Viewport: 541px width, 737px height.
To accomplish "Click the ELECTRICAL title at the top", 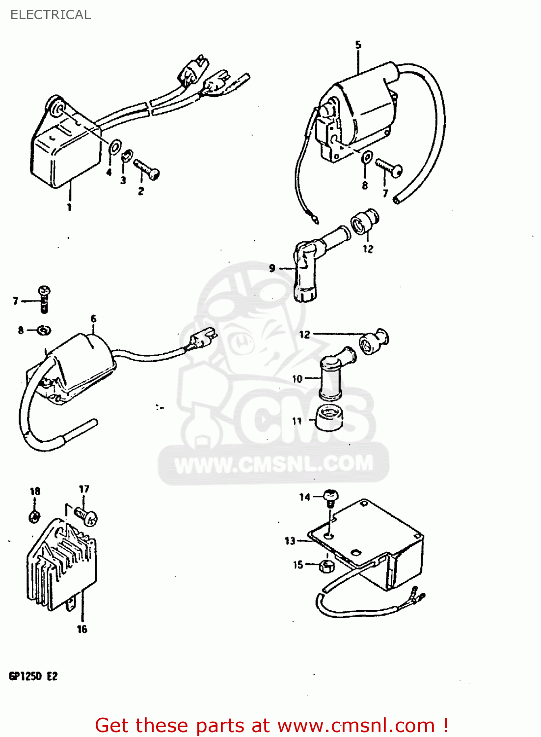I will click(x=51, y=15).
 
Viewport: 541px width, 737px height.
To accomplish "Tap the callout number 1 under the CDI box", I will click(x=69, y=207).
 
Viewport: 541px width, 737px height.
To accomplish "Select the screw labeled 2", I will click(x=146, y=170).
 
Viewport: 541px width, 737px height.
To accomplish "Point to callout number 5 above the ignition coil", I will click(x=358, y=45).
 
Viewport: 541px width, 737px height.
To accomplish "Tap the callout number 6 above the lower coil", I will click(x=93, y=319).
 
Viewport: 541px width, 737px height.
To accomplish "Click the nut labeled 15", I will click(x=326, y=566).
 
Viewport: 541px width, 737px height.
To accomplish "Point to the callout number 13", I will click(x=290, y=541).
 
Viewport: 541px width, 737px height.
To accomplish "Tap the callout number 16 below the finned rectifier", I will click(x=82, y=629).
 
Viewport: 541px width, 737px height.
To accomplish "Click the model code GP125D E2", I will click(x=33, y=676).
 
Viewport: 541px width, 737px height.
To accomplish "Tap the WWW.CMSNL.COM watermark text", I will click(x=273, y=464).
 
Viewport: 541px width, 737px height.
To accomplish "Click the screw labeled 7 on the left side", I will click(x=45, y=298).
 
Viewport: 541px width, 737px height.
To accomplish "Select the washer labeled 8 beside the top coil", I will click(x=367, y=158).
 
